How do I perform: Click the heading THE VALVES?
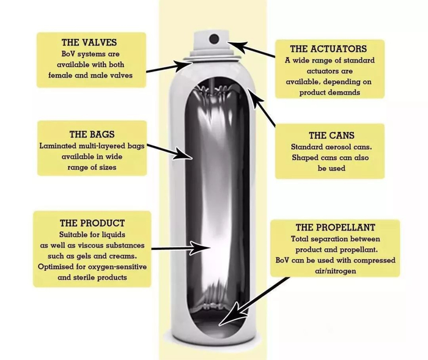89,43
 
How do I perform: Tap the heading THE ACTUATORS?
328,49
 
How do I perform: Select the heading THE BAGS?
92,134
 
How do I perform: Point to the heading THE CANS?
331,135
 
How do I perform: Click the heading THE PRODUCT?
92,223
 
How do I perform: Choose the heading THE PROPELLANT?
336,227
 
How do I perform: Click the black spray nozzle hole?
214,39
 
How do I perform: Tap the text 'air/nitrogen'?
336,271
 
